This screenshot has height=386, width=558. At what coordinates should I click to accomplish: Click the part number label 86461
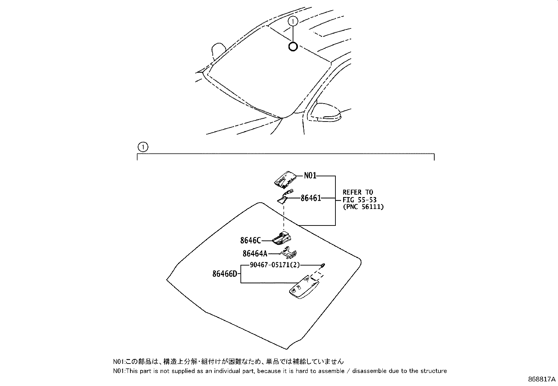[311, 198]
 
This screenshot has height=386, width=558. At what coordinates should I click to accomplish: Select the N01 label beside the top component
[310, 175]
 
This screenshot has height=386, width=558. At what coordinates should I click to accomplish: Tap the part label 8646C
[250, 241]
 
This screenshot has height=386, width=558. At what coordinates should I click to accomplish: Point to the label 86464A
[255, 253]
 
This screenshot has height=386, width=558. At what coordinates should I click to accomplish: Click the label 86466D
[225, 274]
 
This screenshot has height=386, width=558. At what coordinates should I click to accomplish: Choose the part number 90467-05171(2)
[275, 265]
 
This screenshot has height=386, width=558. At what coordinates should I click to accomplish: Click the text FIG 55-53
[359, 199]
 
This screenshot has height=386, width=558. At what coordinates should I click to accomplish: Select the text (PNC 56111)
[363, 207]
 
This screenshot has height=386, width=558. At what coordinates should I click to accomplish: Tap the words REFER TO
[358, 192]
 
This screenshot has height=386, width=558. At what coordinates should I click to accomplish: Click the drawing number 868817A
[542, 380]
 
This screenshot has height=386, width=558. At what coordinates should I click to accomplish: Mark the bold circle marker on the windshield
[293, 46]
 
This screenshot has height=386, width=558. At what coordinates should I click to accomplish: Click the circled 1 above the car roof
[293, 22]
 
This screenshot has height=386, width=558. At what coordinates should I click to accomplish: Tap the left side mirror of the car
[219, 51]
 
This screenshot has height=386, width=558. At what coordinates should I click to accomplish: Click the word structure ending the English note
[435, 371]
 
